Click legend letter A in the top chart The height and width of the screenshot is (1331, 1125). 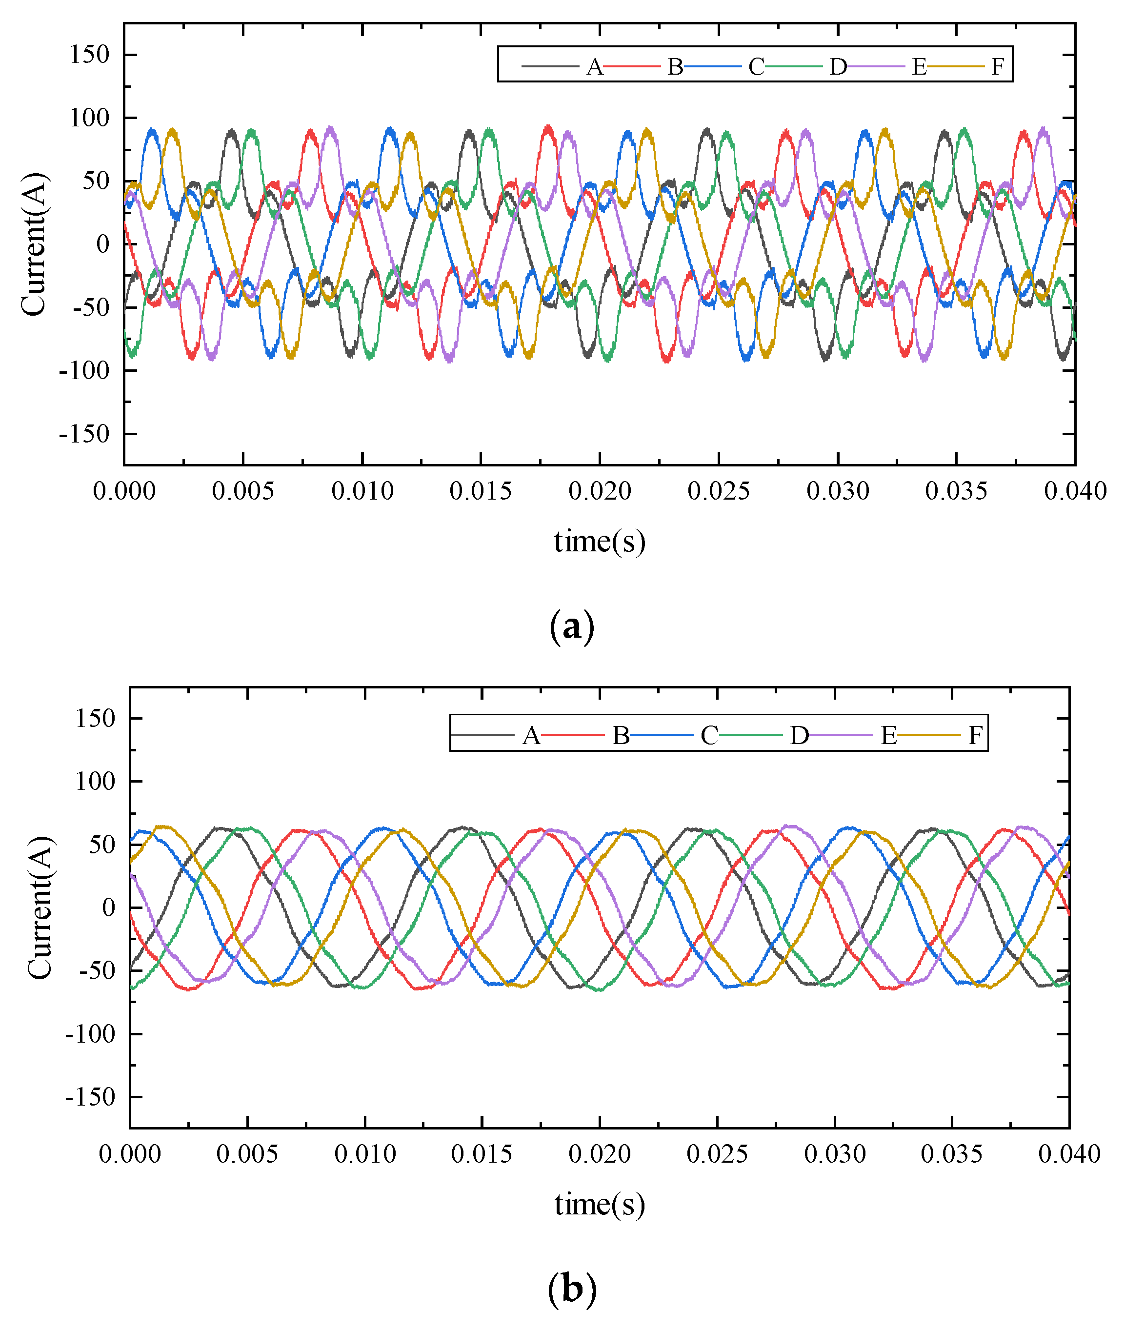(x=594, y=66)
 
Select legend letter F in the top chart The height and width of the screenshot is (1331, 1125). (x=998, y=66)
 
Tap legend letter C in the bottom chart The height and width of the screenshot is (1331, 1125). (x=709, y=736)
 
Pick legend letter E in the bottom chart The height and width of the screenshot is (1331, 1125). (x=889, y=736)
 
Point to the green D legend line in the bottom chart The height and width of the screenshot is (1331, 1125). (x=754, y=735)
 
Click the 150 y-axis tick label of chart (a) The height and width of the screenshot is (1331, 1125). (x=90, y=55)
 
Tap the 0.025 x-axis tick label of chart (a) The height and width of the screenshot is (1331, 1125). (x=719, y=491)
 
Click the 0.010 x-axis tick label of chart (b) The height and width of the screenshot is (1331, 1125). (x=365, y=1154)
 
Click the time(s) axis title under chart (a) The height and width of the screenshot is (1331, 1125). (x=600, y=542)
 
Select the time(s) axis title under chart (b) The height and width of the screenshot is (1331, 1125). (x=600, y=1205)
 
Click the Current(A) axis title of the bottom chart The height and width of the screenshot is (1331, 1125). (x=40, y=907)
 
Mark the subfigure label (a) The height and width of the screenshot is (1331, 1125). (x=571, y=626)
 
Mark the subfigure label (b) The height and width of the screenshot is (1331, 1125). (x=571, y=1289)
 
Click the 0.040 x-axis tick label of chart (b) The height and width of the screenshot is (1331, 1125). (x=1069, y=1154)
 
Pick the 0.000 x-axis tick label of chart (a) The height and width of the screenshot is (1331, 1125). (x=124, y=491)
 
